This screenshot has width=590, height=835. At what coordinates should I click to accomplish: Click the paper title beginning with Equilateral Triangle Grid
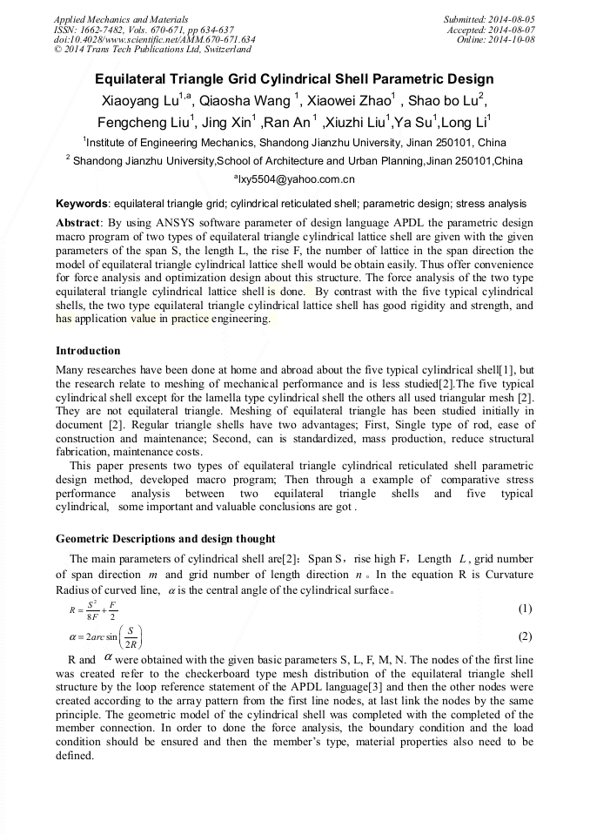coord(294,79)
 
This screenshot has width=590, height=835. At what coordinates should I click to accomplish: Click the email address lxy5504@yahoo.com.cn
coord(295,179)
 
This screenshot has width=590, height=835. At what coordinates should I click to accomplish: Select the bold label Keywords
coord(83,204)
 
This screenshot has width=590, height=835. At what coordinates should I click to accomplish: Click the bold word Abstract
coord(78,223)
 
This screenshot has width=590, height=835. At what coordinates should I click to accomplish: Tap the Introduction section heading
coord(88,351)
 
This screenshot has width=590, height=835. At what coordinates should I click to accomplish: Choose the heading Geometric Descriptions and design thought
coord(165,538)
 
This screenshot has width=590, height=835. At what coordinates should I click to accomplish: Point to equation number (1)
coord(525,608)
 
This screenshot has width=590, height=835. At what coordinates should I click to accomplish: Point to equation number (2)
coord(525,636)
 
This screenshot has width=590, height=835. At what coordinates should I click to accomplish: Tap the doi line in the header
coord(154,39)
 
